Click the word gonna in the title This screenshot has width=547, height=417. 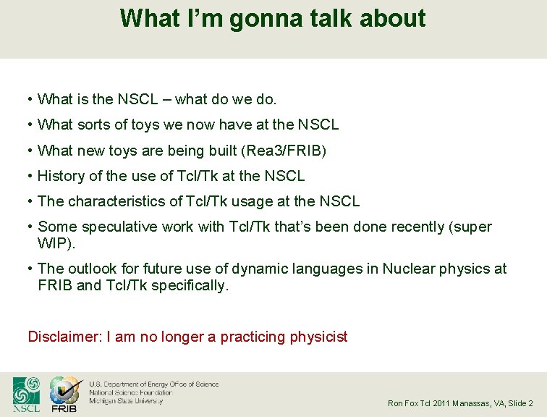pos(262,18)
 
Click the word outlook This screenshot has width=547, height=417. pos(92,269)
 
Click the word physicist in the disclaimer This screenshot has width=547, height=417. pos(318,337)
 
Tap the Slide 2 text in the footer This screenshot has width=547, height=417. pos(520,403)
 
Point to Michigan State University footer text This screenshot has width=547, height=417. pos(126,400)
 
